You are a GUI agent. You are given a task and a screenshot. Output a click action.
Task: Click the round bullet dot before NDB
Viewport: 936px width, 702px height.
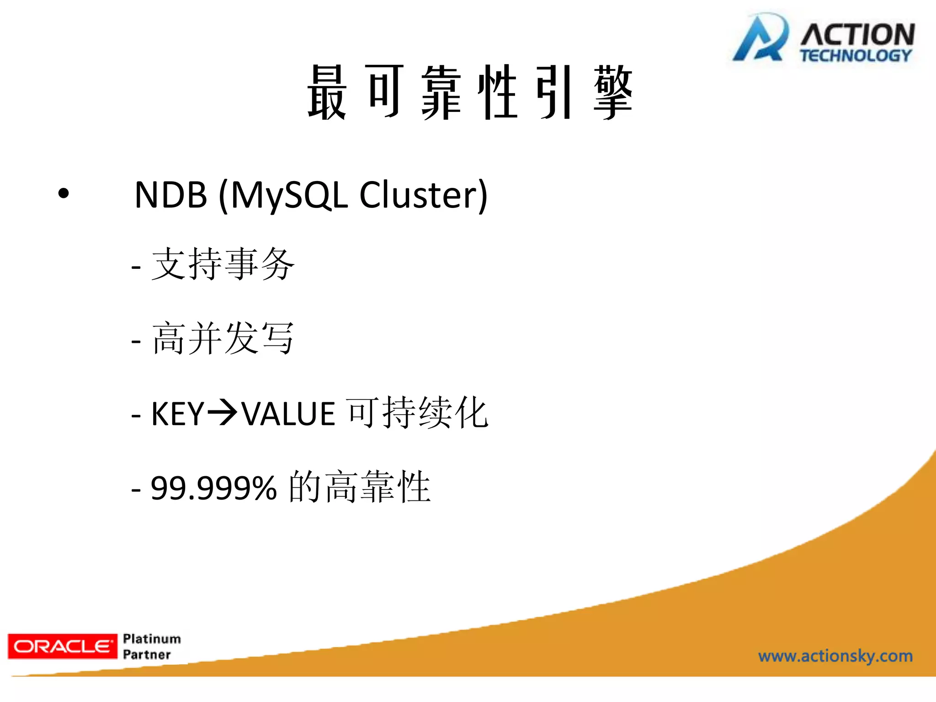pos(64,194)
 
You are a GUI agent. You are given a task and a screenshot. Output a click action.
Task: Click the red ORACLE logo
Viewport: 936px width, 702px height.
pos(63,646)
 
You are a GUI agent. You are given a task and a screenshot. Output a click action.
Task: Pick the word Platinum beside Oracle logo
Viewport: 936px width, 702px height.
pos(152,638)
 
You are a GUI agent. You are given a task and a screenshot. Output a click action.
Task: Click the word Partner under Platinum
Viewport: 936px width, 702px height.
pos(147,654)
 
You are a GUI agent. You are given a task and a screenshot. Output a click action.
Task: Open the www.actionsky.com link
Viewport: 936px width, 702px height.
pos(835,656)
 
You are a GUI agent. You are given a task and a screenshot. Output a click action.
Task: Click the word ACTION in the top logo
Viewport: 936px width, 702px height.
pos(857,35)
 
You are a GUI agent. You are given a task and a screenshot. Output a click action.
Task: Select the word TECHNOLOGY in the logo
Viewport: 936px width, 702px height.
pos(856,56)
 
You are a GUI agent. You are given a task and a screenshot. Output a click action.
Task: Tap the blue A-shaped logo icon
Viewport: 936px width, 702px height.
pos(760,39)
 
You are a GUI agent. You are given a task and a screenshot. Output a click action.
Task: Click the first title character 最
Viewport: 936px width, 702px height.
pos(327,92)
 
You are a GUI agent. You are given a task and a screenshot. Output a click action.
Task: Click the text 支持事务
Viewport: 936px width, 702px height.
pos(223,264)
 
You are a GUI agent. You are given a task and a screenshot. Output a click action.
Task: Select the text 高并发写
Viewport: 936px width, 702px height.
pos(223,339)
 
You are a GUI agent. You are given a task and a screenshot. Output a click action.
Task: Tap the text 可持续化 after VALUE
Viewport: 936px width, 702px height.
pos(417,413)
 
